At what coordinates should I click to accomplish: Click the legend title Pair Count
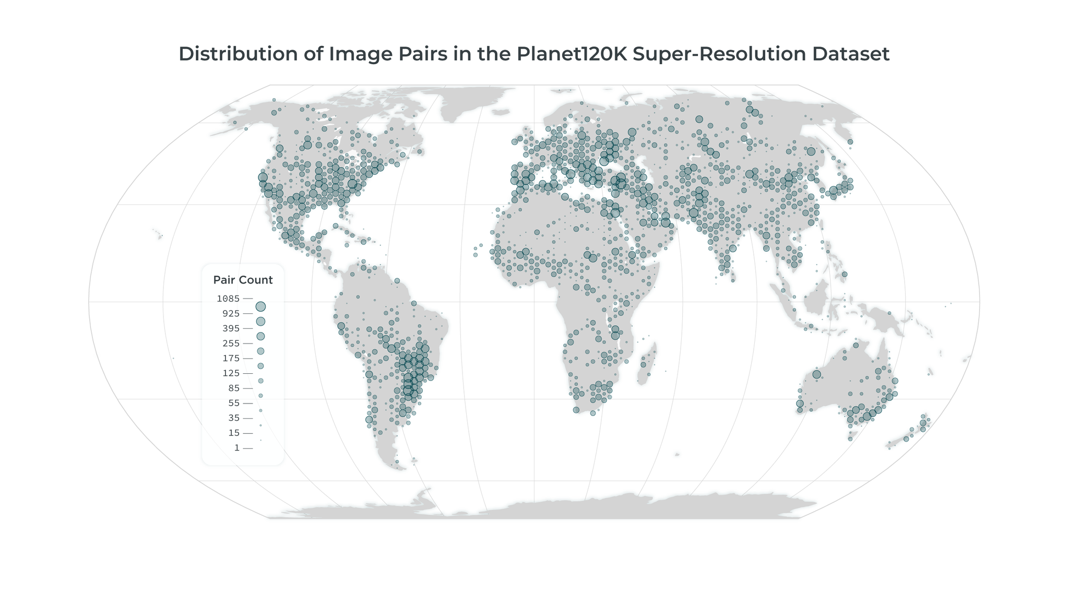[x=243, y=280]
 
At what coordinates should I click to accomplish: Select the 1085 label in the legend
[x=228, y=299]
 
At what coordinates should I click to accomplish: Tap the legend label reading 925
[x=230, y=314]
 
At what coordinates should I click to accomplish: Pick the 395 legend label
[x=230, y=328]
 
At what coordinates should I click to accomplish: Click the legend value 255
[x=230, y=344]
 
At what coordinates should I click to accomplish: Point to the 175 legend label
[x=230, y=358]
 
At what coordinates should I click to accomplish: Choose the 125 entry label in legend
[x=230, y=373]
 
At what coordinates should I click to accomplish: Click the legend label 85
[x=233, y=388]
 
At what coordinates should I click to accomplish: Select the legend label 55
[x=233, y=403]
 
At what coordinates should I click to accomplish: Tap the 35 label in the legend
[x=233, y=418]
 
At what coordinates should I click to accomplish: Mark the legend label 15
[x=233, y=433]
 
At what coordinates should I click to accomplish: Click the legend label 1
[x=237, y=448]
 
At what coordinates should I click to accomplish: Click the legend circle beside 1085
[x=260, y=306]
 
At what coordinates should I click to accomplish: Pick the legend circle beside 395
[x=260, y=336]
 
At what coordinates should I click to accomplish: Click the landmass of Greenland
[x=470, y=99]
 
